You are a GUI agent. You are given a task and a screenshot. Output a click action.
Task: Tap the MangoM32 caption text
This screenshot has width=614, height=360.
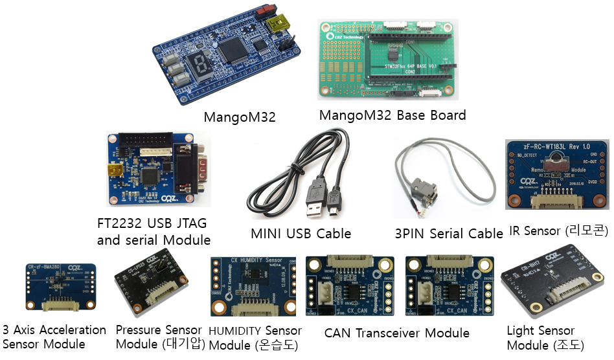tap(240, 117)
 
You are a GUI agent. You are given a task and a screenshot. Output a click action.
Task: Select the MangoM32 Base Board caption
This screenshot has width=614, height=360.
tap(392, 115)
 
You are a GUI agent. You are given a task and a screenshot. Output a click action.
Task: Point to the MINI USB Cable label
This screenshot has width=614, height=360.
tap(301, 233)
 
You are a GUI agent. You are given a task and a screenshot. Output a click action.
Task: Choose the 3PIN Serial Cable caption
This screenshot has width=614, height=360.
tap(448, 233)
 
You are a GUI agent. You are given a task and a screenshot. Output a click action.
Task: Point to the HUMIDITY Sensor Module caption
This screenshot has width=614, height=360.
tap(255, 338)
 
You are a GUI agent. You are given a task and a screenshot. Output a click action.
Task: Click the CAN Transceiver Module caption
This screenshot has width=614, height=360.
tap(397, 333)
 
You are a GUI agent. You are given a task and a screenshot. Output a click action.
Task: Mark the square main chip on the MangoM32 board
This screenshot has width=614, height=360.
tap(233, 49)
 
